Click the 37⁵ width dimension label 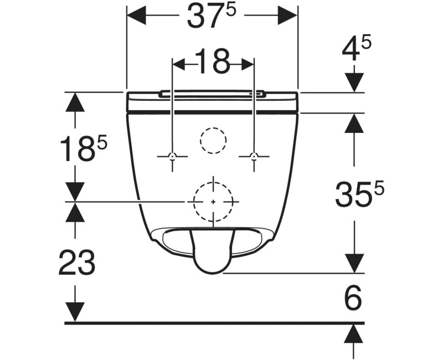pos(212,17)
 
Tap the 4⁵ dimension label pos(356,49)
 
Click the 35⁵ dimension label pos(359,194)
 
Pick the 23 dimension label pos(77,262)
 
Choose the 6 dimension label pos(353,297)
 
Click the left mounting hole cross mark pos(172,156)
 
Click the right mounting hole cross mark pos(254,156)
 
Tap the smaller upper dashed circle pos(213,128)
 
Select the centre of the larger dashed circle pos(213,202)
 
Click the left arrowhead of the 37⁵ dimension pos(136,16)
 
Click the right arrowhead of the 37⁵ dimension pos(288,16)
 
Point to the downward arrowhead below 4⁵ pos(354,83)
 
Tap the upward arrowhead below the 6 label pos(353,333)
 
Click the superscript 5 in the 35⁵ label pos(379,188)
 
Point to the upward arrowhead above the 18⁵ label pos(75,102)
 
